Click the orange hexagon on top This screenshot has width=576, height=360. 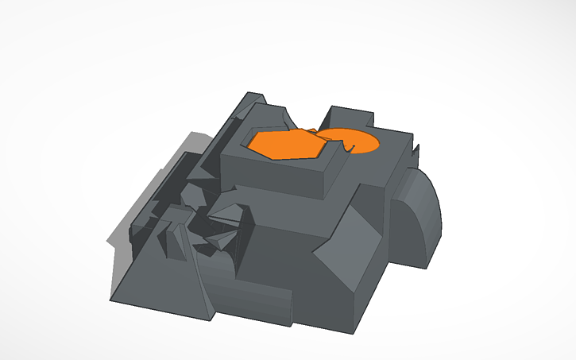coord(284,144)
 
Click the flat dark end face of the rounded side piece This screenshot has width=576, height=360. coord(402,226)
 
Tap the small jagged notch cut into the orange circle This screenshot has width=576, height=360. coord(350,147)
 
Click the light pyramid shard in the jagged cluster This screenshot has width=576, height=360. coord(226,212)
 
